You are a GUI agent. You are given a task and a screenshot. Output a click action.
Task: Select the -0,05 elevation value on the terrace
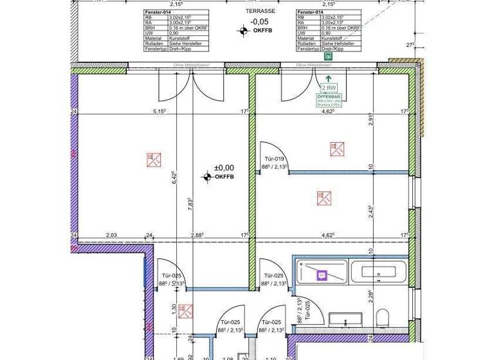pyautogui.click(x=259, y=21)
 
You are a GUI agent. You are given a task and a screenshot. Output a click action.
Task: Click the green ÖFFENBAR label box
pyautogui.click(x=328, y=99)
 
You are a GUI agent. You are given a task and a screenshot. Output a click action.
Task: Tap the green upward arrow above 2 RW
pyautogui.click(x=329, y=77)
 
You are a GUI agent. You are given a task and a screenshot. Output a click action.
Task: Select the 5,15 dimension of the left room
pyautogui.click(x=160, y=111)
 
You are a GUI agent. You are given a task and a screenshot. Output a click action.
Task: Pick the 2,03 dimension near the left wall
pyautogui.click(x=112, y=236)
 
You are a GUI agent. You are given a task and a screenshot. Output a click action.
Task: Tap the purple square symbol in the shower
pyautogui.click(x=322, y=274)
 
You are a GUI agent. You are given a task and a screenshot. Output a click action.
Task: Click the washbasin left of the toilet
pyautogui.click(x=347, y=317)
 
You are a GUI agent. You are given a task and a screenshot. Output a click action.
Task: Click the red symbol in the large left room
pyautogui.click(x=154, y=158)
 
